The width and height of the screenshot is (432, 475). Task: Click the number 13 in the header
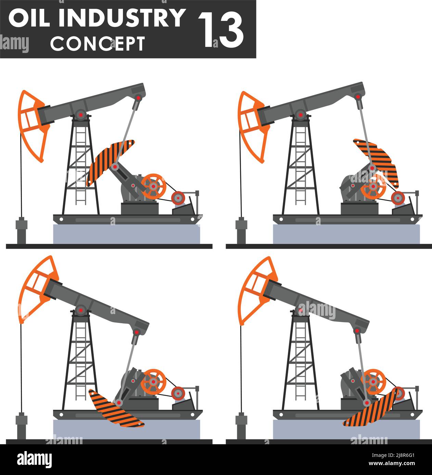click(221, 29)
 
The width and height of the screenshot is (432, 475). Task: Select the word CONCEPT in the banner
click(98, 44)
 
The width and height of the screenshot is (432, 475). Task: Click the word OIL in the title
click(29, 18)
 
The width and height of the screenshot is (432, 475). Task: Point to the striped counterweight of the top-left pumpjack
click(110, 163)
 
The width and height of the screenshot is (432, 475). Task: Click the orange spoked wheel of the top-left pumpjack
click(153, 187)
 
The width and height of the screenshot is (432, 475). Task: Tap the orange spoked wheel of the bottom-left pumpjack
click(153, 382)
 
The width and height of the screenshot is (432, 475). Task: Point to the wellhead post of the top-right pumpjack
click(241, 230)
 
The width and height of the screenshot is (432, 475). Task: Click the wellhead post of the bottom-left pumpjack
click(21, 426)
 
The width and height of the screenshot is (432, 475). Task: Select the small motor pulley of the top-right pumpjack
click(398, 198)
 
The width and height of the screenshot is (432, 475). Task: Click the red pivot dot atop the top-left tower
click(81, 115)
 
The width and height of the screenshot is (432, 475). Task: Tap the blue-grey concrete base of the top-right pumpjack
click(346, 234)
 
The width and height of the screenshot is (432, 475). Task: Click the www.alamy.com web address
click(392, 463)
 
